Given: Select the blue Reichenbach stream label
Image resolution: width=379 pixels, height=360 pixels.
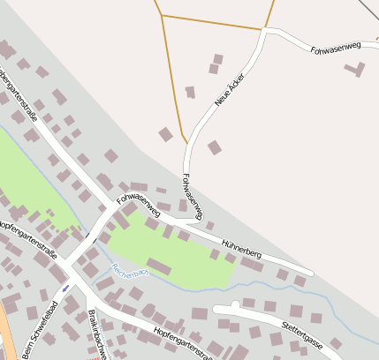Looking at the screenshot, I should point(130,271).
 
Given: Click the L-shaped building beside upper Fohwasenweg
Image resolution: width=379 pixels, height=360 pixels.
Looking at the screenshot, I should point(359,69).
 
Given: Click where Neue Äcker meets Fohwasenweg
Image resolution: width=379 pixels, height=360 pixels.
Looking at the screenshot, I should point(264,33).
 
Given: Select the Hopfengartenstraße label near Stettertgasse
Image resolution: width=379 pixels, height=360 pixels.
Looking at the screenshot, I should point(184,342).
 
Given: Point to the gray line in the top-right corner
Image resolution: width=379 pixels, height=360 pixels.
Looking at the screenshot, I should point(369,8).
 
